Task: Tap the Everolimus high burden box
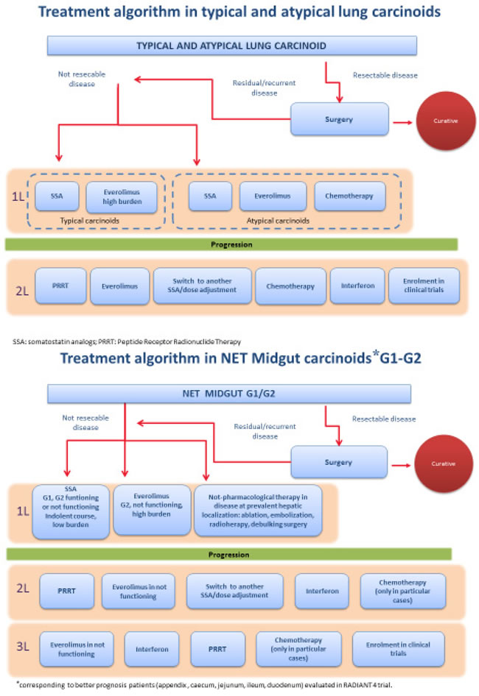click(x=122, y=196)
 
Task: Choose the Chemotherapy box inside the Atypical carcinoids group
click(x=349, y=196)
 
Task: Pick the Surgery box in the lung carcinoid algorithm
click(x=339, y=118)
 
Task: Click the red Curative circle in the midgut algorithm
click(x=444, y=464)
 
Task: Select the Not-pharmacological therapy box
click(x=257, y=507)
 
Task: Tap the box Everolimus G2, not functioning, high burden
click(x=152, y=502)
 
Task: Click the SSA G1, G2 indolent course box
click(x=70, y=507)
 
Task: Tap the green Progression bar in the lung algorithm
click(x=231, y=244)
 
